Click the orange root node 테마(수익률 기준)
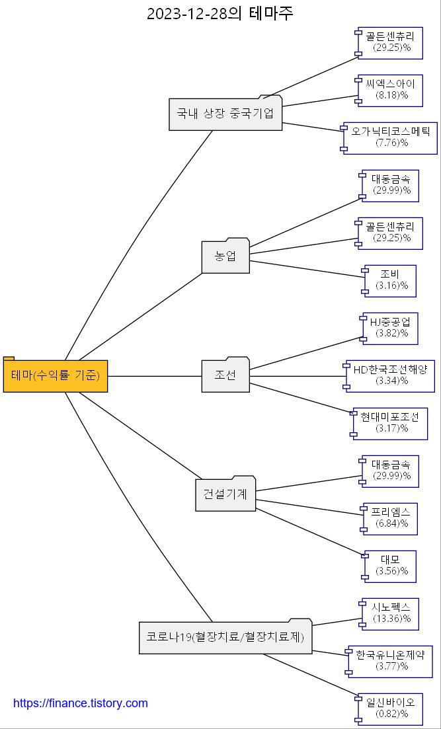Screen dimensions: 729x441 pyautogui.click(x=56, y=376)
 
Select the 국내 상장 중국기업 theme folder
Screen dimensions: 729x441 pyautogui.click(x=225, y=113)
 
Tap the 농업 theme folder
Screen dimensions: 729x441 pyautogui.click(x=225, y=256)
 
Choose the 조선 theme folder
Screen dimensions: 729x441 pyautogui.click(x=225, y=375)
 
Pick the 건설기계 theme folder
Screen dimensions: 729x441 pyautogui.click(x=225, y=494)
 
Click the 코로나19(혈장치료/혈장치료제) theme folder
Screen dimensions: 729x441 pyautogui.click(x=225, y=638)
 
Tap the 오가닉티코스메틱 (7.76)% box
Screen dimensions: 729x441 pyautogui.click(x=391, y=137)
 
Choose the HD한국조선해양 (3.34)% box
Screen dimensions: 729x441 pyautogui.click(x=391, y=375)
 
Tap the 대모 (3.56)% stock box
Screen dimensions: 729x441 pyautogui.click(x=391, y=566)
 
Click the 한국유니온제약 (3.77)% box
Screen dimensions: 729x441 pyautogui.click(x=391, y=661)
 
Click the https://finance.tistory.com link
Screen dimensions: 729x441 pyautogui.click(x=81, y=703)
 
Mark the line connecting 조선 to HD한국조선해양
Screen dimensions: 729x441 pyautogui.click(x=298, y=376)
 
